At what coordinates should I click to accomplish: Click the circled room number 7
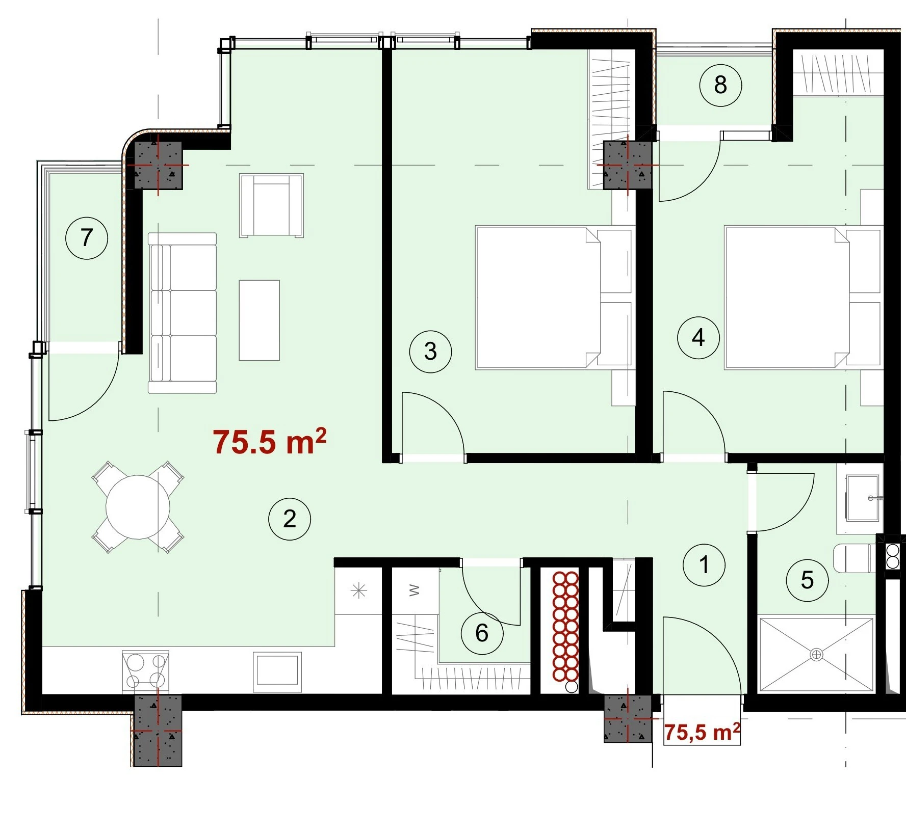pos(87,237)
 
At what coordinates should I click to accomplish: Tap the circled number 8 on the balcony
pos(720,85)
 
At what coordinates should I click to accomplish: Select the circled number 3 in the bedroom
pos(431,352)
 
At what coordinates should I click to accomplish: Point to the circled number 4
pos(698,337)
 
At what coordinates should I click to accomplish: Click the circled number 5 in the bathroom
pos(807,580)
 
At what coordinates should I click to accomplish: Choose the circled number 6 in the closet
pos(482,633)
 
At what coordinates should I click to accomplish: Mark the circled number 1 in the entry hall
pos(704,564)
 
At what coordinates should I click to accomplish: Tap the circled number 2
pos(290,519)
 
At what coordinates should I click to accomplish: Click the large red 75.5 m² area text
pos(270,441)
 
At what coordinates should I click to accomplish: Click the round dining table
pos(138,507)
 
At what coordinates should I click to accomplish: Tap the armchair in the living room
pos(272,205)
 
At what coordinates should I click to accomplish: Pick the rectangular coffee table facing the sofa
pos(260,320)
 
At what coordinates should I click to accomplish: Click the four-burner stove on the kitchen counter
pos(146,670)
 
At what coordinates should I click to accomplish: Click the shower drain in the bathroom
pos(816,654)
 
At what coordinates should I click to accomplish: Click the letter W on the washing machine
pos(415,590)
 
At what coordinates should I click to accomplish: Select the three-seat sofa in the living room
pos(183,313)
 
